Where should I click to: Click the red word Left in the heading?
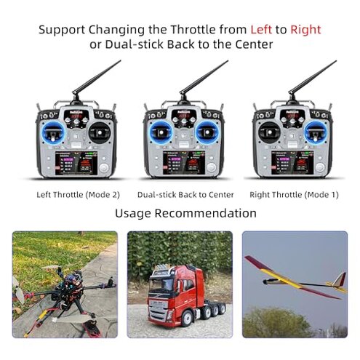[x=262, y=30]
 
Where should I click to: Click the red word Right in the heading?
[x=305, y=30]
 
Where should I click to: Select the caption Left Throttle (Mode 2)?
[x=78, y=194]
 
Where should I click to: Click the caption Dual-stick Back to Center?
[x=185, y=194]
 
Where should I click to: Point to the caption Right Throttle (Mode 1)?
[x=294, y=194]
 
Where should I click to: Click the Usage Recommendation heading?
[x=185, y=213]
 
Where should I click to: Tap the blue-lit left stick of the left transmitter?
[x=55, y=134]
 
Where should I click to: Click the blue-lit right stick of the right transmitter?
[x=315, y=134]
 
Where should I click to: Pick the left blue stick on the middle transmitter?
[x=164, y=134]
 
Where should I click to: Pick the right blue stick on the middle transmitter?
[x=207, y=134]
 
